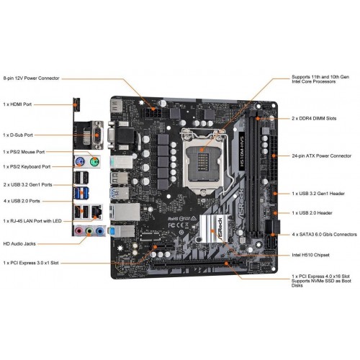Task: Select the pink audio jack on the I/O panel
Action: [78, 232]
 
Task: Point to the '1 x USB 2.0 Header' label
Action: [315, 213]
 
